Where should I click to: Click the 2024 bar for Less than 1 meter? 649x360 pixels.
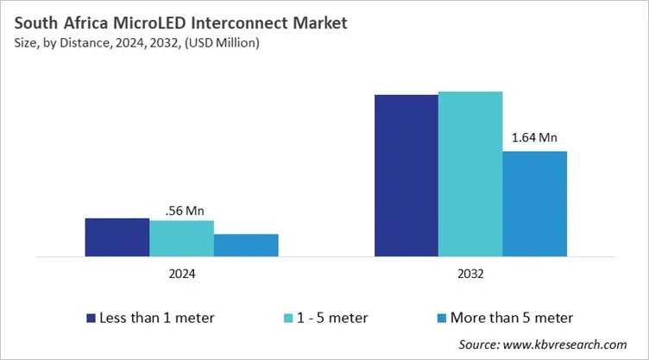117,237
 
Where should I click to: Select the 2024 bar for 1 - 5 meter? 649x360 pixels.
181,238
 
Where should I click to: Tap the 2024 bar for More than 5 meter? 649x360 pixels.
246,245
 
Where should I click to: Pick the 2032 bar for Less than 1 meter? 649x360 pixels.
406,175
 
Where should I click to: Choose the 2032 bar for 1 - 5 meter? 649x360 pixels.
470,174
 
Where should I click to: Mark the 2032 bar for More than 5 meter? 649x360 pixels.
534,204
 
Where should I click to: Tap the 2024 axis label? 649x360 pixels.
181,275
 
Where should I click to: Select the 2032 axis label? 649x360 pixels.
470,275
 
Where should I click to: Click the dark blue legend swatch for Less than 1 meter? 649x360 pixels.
91,318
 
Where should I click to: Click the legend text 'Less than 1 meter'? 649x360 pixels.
157,318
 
